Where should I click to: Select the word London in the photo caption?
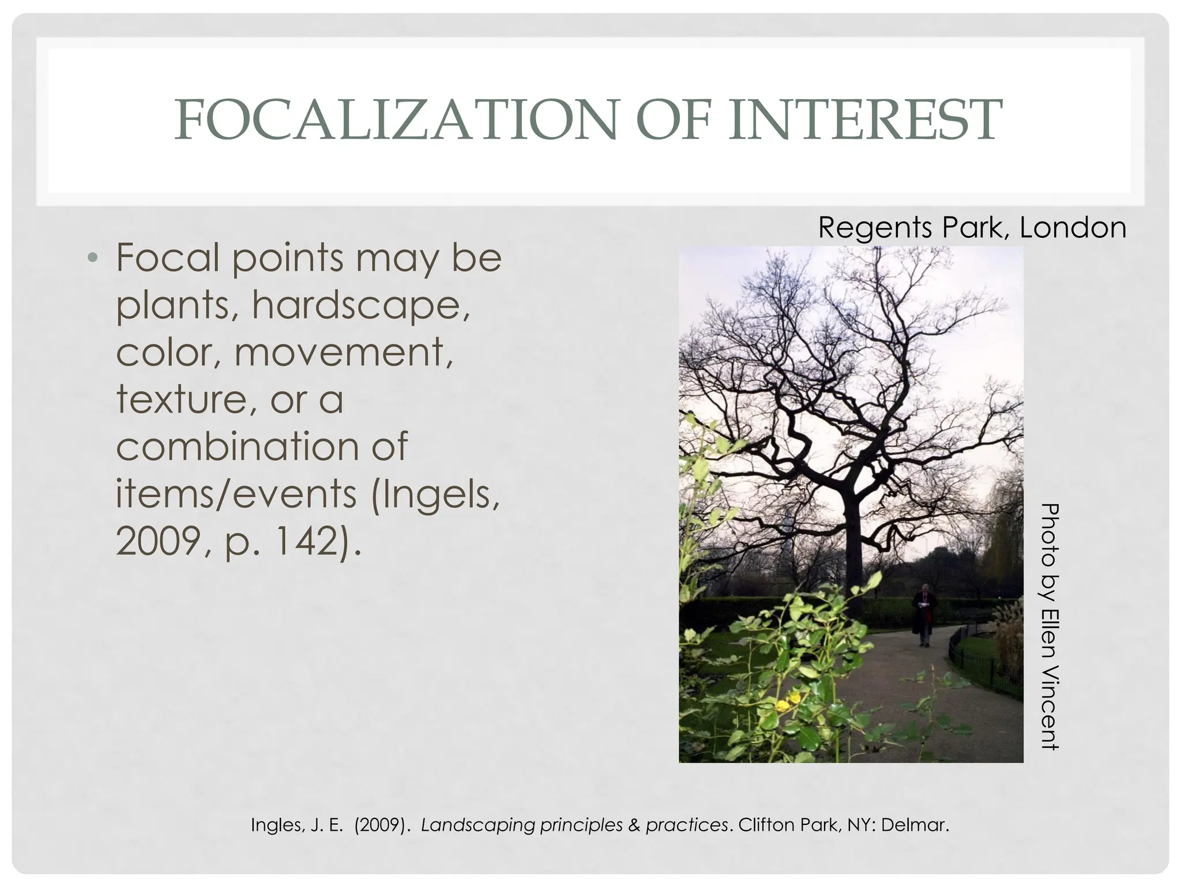1073,227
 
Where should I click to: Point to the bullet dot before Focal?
93,257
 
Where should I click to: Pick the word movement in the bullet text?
343,352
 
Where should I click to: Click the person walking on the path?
924,614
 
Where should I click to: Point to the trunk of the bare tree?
853,531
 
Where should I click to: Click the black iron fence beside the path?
980,663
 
